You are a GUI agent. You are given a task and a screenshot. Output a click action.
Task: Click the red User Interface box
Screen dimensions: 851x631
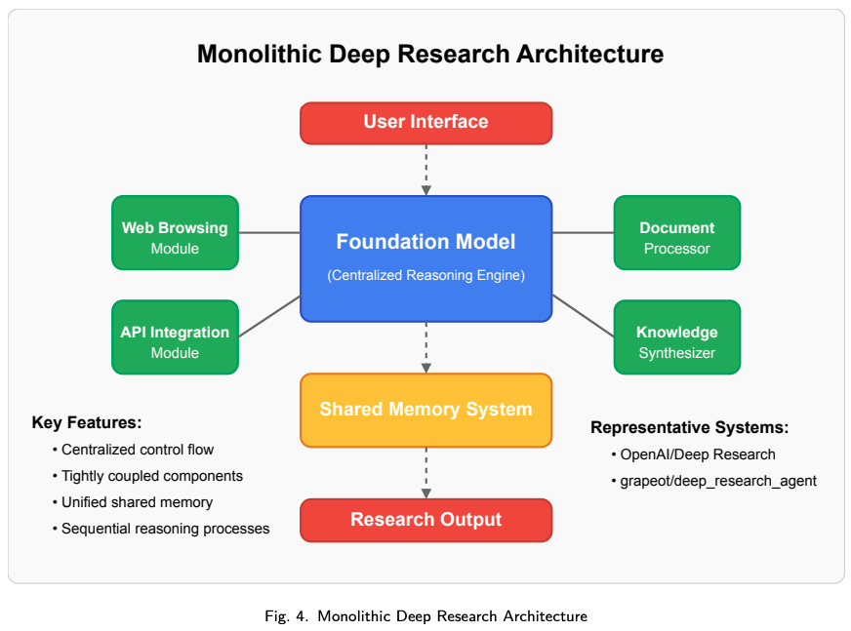pos(426,123)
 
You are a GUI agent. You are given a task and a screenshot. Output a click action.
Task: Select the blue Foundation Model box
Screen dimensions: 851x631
pos(426,258)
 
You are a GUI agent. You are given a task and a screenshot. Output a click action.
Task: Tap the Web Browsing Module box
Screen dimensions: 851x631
pos(175,233)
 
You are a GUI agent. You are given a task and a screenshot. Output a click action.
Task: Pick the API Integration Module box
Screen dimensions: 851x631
pos(175,336)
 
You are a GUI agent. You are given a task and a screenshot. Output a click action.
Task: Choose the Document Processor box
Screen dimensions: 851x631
pos(676,233)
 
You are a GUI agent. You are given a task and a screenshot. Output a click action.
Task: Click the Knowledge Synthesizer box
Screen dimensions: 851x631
pos(676,336)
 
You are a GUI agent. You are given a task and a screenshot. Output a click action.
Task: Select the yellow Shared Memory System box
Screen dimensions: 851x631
pos(426,411)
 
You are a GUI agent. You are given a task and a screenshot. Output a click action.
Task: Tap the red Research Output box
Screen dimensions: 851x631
pos(426,521)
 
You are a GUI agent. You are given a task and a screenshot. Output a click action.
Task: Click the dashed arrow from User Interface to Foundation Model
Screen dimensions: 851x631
pos(426,170)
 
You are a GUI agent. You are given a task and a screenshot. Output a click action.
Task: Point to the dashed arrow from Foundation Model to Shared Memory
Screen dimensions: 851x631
pos(426,348)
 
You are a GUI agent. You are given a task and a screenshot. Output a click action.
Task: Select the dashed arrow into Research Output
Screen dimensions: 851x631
pos(426,473)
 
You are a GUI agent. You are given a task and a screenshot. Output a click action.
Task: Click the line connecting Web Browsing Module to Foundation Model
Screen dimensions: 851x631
pos(269,233)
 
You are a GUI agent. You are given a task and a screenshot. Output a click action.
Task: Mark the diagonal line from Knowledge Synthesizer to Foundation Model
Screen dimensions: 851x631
pos(583,316)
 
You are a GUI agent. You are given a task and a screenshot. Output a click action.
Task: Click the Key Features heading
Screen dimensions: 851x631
pos(87,422)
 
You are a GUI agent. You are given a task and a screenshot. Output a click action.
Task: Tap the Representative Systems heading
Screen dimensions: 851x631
pos(689,427)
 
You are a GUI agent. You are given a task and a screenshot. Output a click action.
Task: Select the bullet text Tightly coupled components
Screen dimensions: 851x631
pos(152,476)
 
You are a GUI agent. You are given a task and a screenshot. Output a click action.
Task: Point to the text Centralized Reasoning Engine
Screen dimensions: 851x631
pos(426,276)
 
